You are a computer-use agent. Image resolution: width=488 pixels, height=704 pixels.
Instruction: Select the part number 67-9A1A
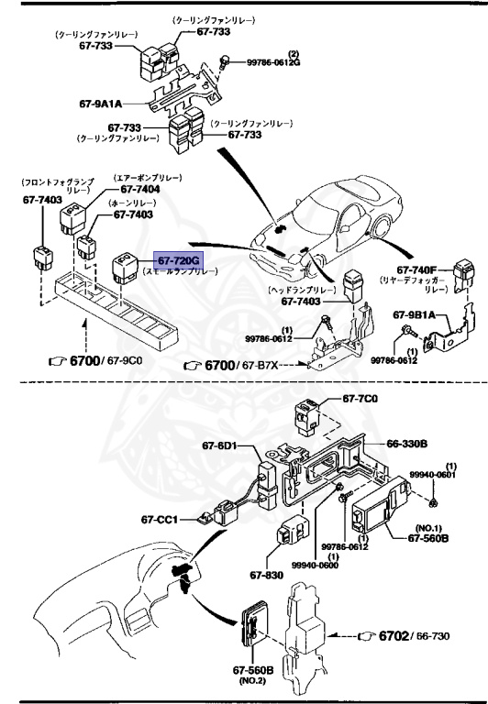pos(101,104)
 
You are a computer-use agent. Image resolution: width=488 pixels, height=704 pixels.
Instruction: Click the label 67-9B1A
pos(416,315)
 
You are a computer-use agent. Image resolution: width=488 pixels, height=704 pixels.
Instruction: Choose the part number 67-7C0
pos(360,399)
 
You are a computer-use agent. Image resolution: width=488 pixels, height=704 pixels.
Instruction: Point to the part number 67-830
pos(265,577)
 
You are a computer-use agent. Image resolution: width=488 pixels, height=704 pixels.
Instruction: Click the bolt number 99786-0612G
pos(272,62)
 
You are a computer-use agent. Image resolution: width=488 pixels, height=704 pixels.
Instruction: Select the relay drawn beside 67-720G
pos(125,267)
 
